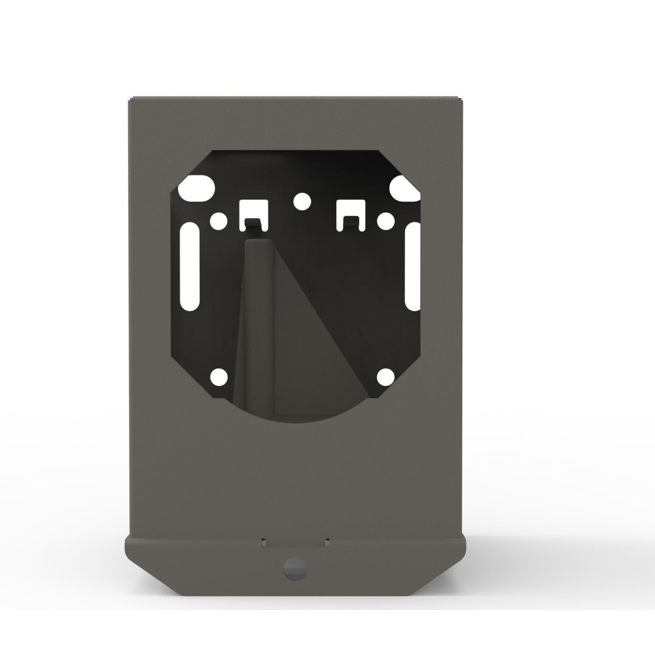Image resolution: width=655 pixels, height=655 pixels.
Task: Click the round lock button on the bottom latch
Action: point(296,567)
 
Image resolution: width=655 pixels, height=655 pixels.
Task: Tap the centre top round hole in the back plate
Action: point(302,202)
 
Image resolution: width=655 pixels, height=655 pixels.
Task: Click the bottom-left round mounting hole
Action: point(219,377)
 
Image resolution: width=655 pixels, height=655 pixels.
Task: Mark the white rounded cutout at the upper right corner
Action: point(404,188)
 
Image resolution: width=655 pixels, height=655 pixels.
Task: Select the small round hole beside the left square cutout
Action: point(219,221)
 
